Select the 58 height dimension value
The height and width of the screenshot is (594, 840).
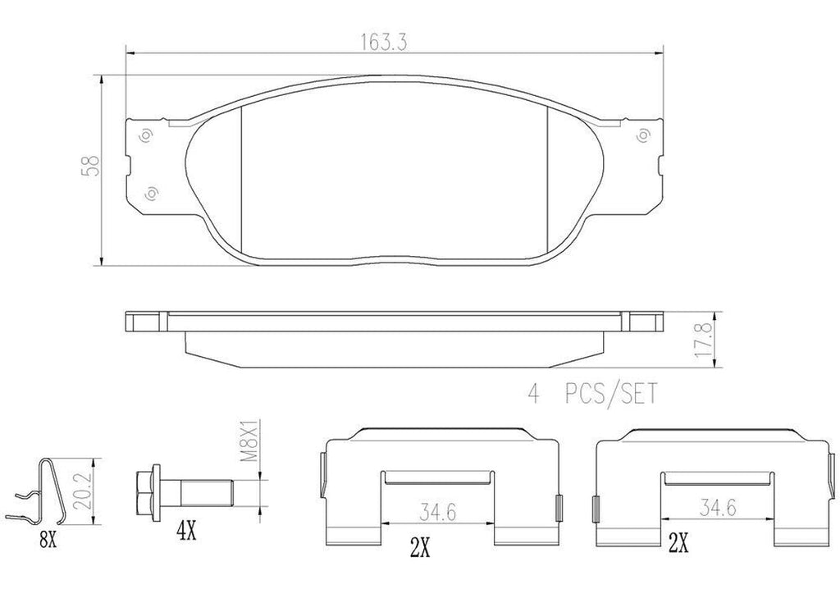(96, 167)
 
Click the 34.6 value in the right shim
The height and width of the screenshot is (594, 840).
(714, 509)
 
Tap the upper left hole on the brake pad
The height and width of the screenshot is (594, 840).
(145, 135)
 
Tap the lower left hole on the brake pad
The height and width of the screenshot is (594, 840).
(151, 194)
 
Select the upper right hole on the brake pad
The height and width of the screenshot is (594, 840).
(644, 135)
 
